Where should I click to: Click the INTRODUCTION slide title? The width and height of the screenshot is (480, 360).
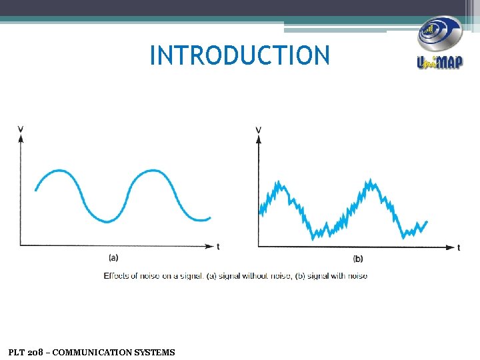(x=240, y=55)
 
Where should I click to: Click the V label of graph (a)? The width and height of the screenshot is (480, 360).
(x=21, y=129)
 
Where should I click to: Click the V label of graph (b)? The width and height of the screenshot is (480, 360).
(x=258, y=129)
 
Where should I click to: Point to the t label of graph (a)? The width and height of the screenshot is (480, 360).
(x=218, y=246)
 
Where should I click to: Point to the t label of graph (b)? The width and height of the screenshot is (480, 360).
(x=459, y=247)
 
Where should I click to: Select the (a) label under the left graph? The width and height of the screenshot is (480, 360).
(x=113, y=257)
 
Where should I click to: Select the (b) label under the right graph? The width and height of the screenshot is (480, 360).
(x=358, y=259)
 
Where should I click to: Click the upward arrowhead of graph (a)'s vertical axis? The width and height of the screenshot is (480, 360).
(x=21, y=138)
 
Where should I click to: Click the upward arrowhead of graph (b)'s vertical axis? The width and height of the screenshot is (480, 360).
(x=258, y=139)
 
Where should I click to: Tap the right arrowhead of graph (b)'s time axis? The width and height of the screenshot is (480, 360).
(x=450, y=247)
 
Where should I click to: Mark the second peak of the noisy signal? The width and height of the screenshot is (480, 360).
(x=369, y=181)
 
